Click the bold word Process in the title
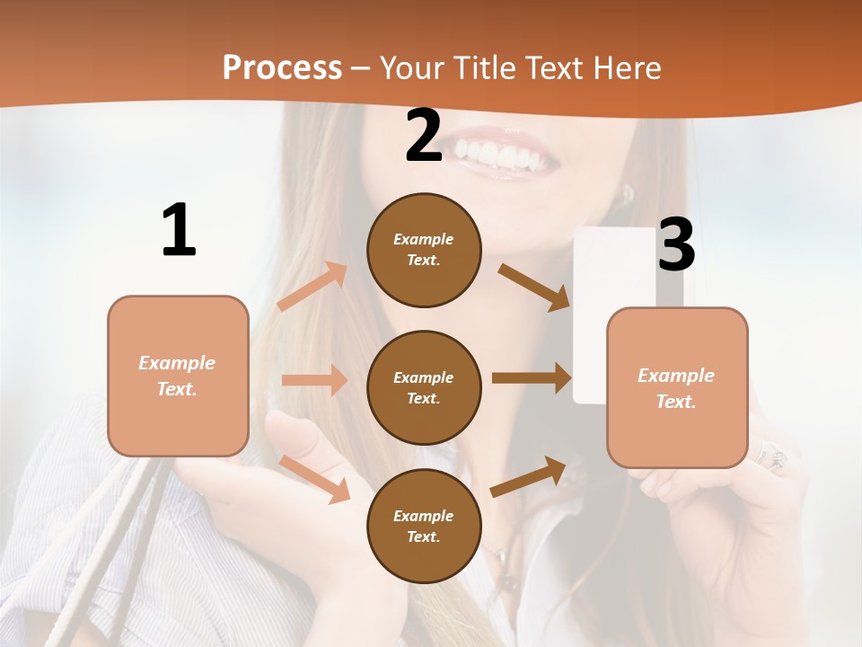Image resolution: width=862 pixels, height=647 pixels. (282, 67)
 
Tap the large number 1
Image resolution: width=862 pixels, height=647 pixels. (179, 230)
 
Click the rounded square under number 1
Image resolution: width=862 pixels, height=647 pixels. (178, 376)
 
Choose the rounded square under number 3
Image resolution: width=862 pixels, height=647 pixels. (677, 387)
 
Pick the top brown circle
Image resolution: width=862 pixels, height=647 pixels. (424, 250)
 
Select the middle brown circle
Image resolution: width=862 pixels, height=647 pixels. (424, 387)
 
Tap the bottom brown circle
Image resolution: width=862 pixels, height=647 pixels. (424, 526)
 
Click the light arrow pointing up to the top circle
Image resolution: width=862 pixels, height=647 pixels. (312, 287)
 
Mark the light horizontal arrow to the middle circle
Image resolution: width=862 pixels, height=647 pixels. (314, 380)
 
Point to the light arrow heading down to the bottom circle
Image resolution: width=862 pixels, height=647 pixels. (315, 478)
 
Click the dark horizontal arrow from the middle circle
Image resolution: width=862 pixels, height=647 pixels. (532, 378)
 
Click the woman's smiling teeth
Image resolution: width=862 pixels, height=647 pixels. (503, 155)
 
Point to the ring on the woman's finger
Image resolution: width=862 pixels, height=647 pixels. (772, 455)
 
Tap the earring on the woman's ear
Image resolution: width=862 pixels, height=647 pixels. (628, 193)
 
